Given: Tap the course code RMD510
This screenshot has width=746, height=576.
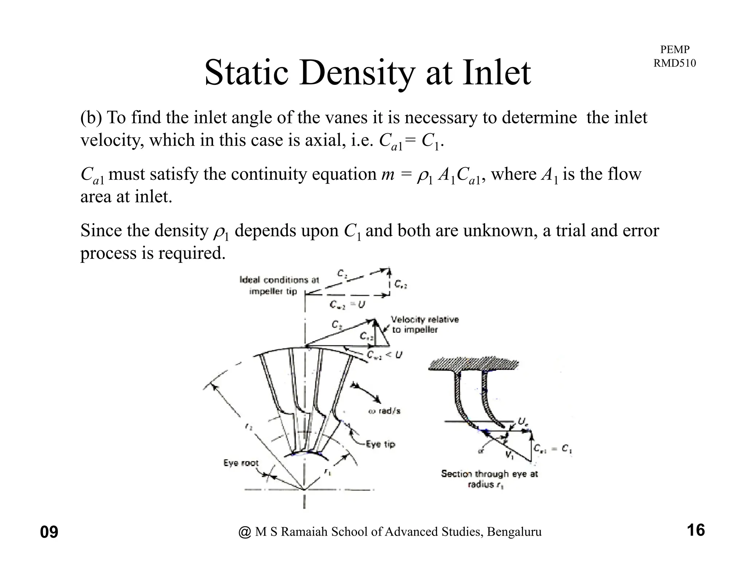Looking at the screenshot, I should (x=675, y=63).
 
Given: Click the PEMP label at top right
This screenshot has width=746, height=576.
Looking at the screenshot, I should (x=675, y=50).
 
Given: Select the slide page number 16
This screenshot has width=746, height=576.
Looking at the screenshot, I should (x=696, y=530).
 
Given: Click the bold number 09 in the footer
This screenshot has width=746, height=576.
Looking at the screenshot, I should (x=49, y=532).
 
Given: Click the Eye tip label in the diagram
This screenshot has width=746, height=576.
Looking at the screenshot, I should (x=381, y=444).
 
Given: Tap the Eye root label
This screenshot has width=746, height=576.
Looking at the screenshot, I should (x=240, y=463).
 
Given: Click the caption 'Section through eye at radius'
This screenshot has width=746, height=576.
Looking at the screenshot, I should (x=489, y=479).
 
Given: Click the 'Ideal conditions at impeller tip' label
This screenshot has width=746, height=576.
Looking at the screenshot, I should (x=279, y=285).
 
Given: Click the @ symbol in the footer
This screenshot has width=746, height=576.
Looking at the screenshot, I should (x=245, y=532).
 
